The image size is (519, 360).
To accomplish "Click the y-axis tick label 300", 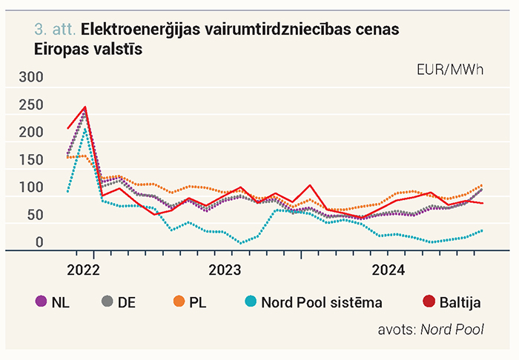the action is click(31, 77).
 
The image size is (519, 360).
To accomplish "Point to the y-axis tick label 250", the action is click(31, 104).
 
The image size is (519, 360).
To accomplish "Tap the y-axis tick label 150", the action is click(31, 160).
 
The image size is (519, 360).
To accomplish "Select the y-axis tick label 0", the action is click(39, 242).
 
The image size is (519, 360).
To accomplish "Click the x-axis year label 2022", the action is click(83, 270).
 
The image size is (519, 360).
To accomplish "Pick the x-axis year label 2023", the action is click(225, 270).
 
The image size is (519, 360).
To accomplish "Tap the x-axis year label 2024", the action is click(389, 270).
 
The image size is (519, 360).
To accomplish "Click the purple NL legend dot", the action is click(42, 301).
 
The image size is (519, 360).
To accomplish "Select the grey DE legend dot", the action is click(108, 301).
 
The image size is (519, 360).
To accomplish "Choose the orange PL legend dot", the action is click(179, 301).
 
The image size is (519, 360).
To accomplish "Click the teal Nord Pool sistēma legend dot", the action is click(251, 301).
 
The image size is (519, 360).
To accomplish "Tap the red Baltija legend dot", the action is click(429, 301).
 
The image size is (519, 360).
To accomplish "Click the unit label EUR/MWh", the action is click(450, 70).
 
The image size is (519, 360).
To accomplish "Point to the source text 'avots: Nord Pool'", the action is click(431, 330).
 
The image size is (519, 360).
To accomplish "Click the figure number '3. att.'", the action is click(55, 30).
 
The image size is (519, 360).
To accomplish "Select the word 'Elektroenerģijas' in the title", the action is click(140, 30).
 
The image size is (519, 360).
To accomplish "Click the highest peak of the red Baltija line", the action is click(85, 107).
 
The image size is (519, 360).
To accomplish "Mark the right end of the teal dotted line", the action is click(482, 231).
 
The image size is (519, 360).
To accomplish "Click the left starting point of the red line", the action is click(68, 128).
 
